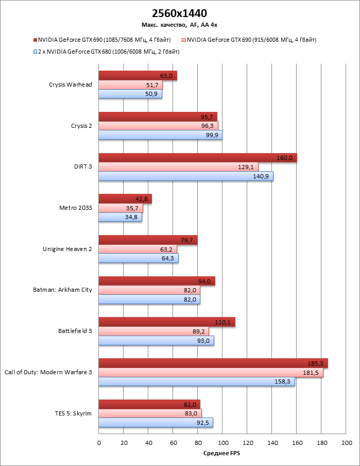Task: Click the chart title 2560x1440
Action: pyautogui.click(x=180, y=13)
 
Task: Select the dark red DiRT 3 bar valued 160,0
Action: pyautogui.click(x=197, y=158)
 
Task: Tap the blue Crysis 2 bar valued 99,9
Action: pyautogui.click(x=160, y=135)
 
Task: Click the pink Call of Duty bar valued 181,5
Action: pyautogui.click(x=211, y=373)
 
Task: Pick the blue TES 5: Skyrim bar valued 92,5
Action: pyautogui.click(x=156, y=423)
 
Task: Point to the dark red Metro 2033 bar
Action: pyautogui.click(x=125, y=199)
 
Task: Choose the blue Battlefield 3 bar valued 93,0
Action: pyautogui.click(x=156, y=340)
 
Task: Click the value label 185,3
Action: pyautogui.click(x=318, y=364)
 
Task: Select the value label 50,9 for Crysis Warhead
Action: pyautogui.click(x=152, y=94)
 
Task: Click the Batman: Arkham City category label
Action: pyautogui.click(x=62, y=290)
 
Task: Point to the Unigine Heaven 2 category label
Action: pyautogui.click(x=67, y=249)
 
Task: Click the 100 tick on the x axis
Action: pyautogui.click(x=222, y=443)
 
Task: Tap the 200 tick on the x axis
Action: pyautogui.click(x=346, y=443)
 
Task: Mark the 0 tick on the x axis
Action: pyautogui.click(x=99, y=443)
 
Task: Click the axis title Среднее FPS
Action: pyautogui.click(x=222, y=454)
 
